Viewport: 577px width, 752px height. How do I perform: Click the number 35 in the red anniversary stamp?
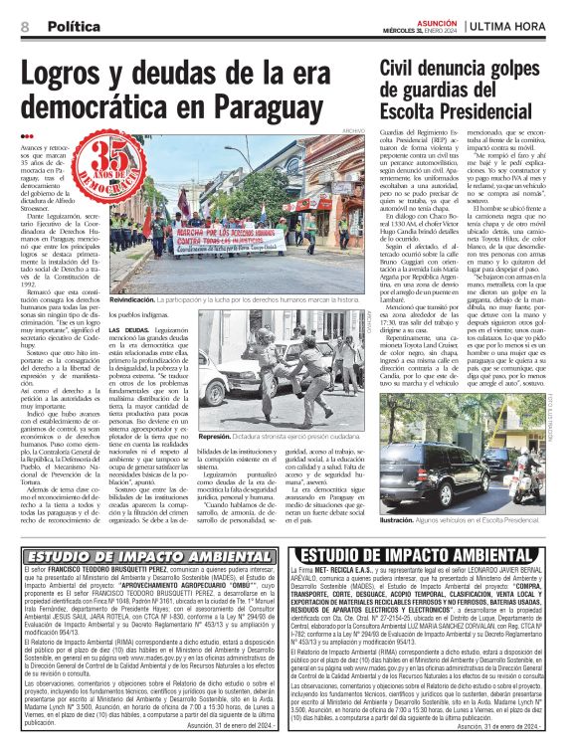(111, 153)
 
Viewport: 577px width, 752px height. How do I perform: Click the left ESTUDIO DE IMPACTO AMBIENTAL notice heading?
(135, 556)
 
